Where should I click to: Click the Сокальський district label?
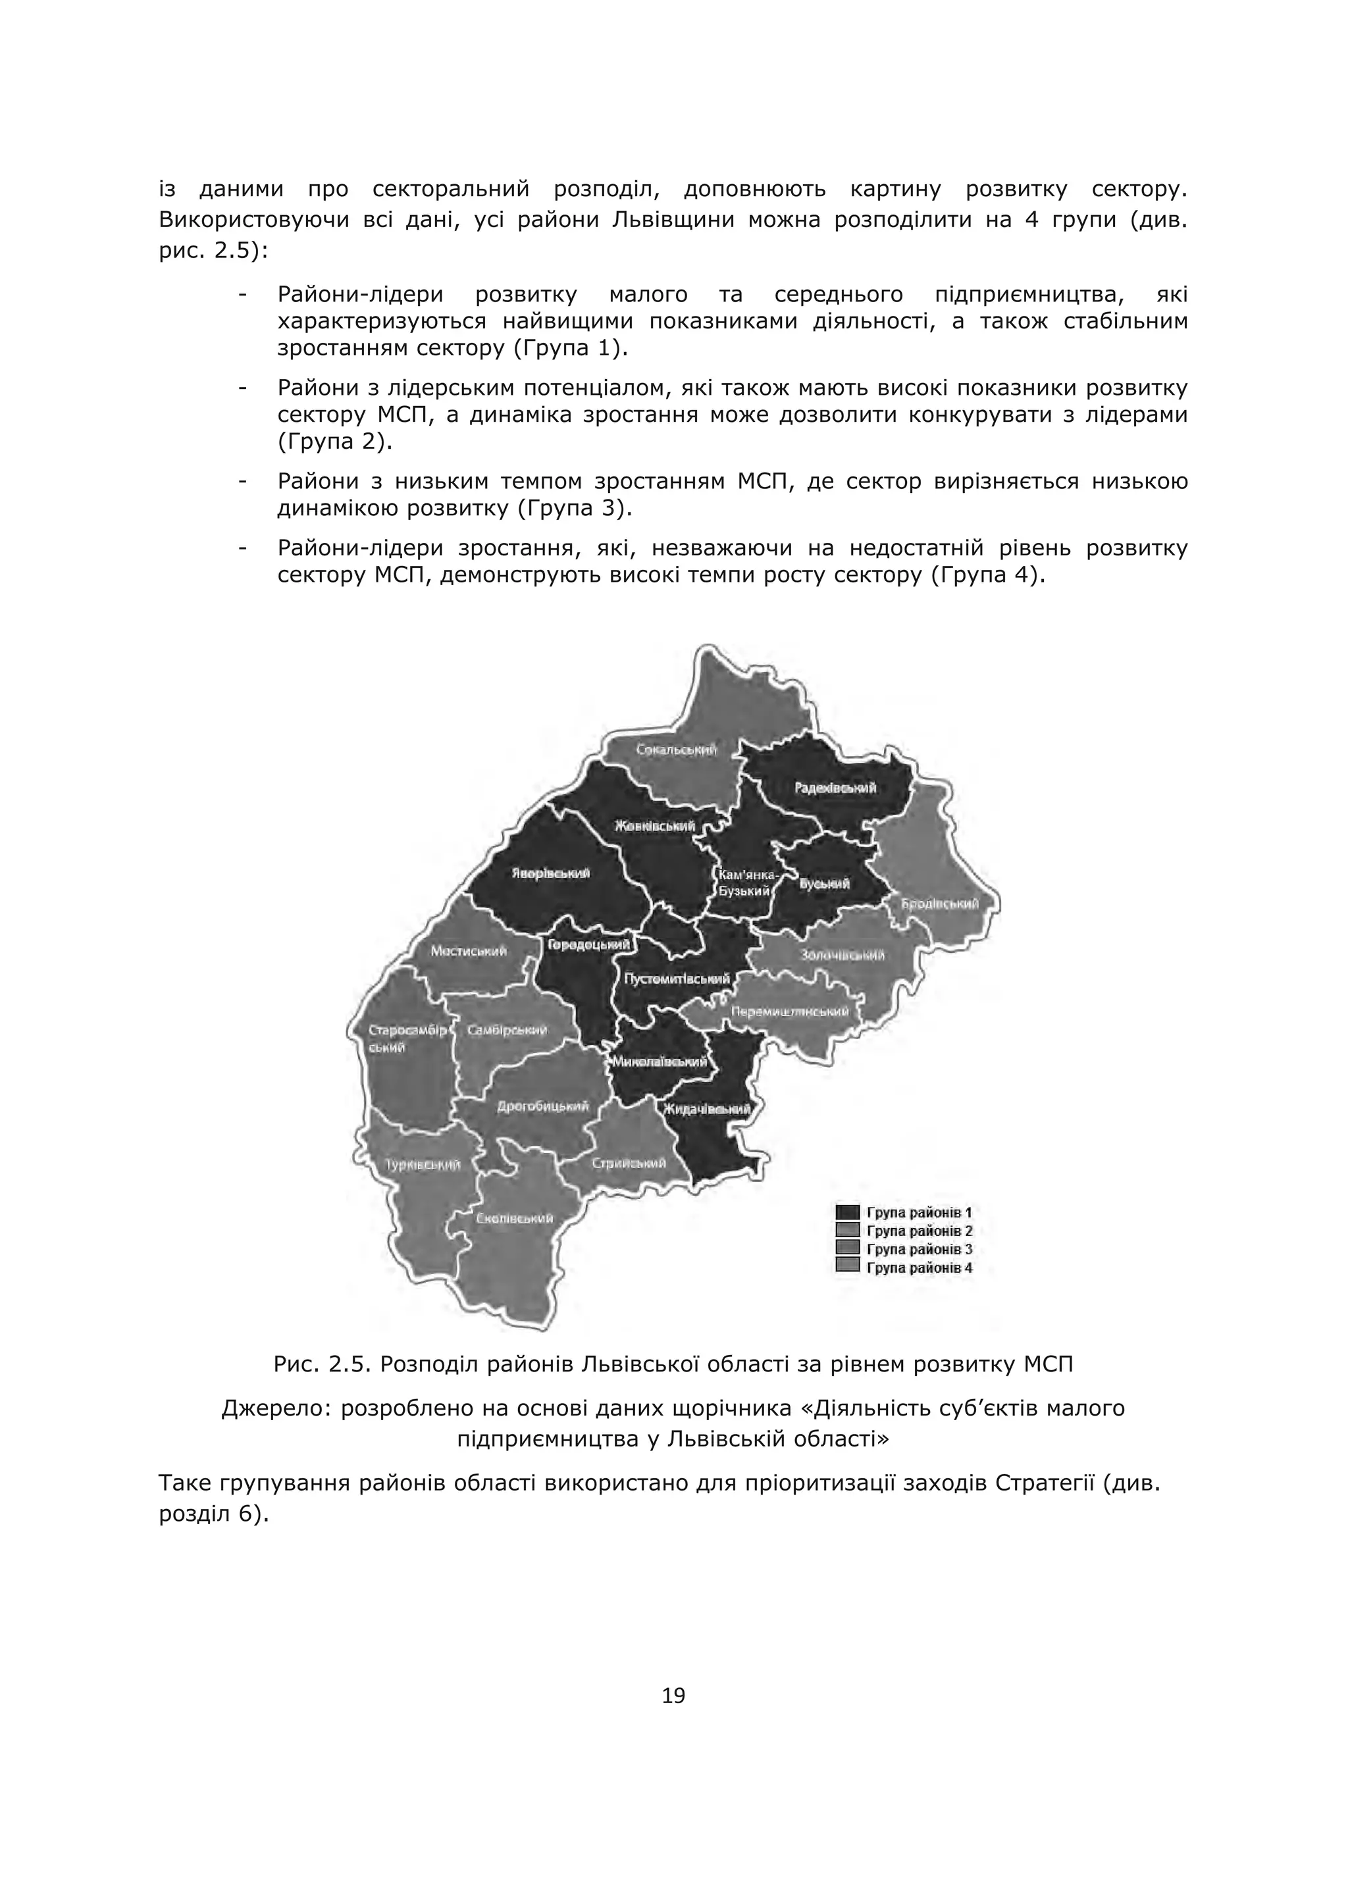(x=677, y=750)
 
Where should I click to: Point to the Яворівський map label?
(x=550, y=873)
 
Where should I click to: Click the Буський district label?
(x=824, y=884)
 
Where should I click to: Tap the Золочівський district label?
(x=842, y=956)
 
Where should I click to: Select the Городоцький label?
(x=588, y=944)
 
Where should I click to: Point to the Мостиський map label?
(x=468, y=951)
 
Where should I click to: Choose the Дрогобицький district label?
(x=542, y=1106)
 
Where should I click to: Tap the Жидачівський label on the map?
(x=706, y=1110)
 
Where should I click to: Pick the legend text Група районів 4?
(x=919, y=1267)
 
